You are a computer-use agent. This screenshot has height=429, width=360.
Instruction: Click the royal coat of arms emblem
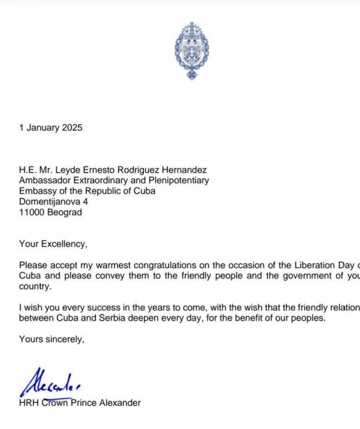(x=192, y=51)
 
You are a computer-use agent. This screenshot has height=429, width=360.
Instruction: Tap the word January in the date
(x=44, y=128)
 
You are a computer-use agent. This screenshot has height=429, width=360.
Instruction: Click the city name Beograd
(x=64, y=212)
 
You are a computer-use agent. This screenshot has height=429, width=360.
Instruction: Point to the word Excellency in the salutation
(x=63, y=244)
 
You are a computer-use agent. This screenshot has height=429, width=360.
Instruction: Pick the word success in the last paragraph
(x=77, y=308)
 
